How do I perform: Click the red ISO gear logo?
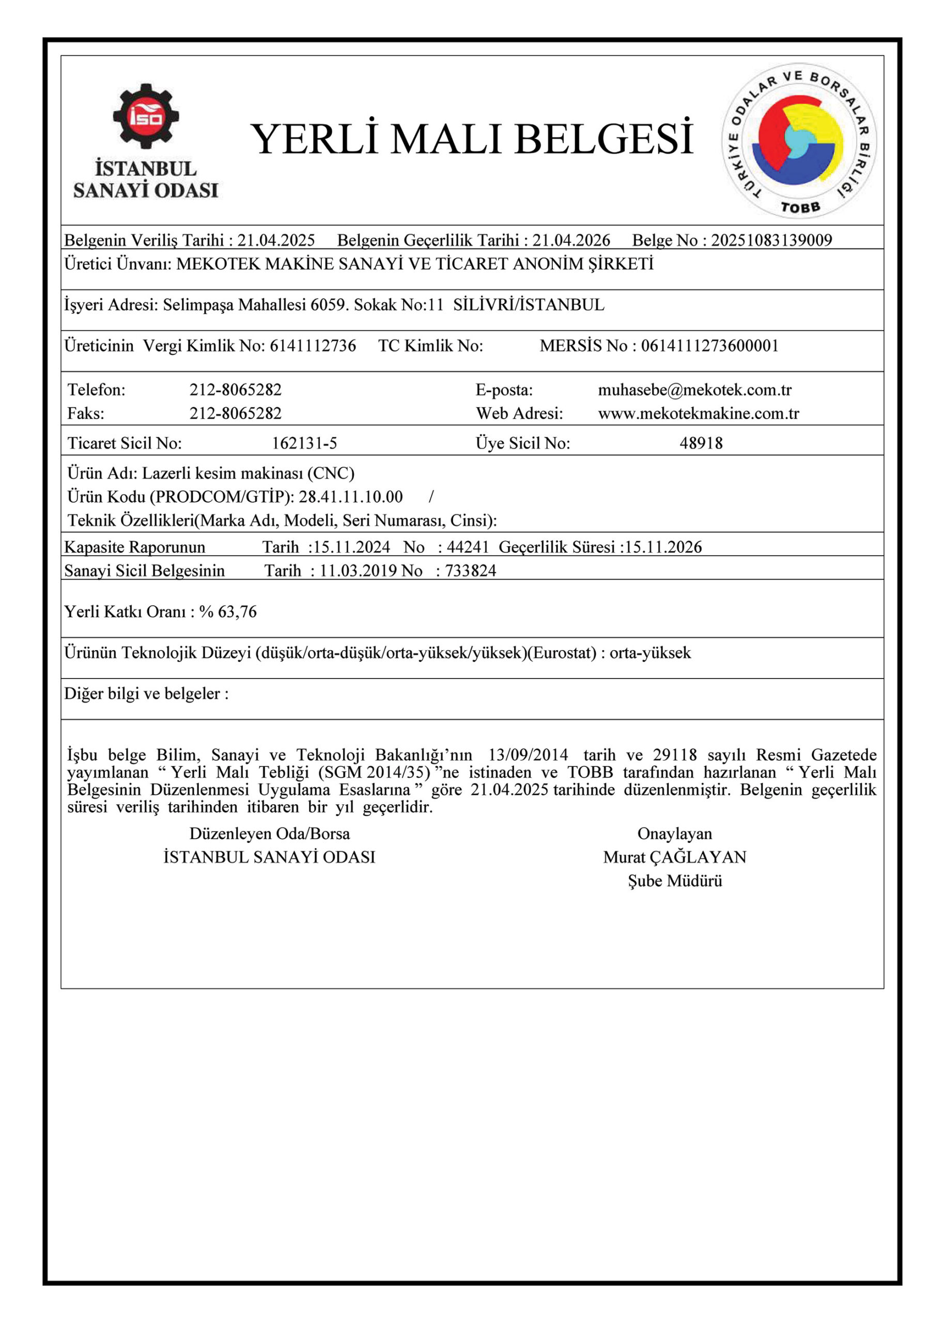coord(146,116)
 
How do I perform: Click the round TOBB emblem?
coord(799,141)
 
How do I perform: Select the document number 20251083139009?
coord(771,240)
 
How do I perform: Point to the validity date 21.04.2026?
coord(571,240)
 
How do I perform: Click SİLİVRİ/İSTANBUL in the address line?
coord(529,304)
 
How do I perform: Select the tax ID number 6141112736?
coord(313,346)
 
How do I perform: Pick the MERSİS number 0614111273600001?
coord(709,346)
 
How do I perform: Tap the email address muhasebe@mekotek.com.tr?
coord(694,390)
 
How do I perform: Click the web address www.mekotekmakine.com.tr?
coord(698,414)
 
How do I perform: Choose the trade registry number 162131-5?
coord(304,443)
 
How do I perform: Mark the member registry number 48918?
coord(701,443)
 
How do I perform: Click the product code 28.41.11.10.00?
coord(350,497)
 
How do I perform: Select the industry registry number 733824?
coord(470,571)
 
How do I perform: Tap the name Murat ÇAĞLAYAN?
coord(674,857)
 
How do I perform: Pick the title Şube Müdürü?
coord(674,881)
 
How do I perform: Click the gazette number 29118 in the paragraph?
coord(674,756)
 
